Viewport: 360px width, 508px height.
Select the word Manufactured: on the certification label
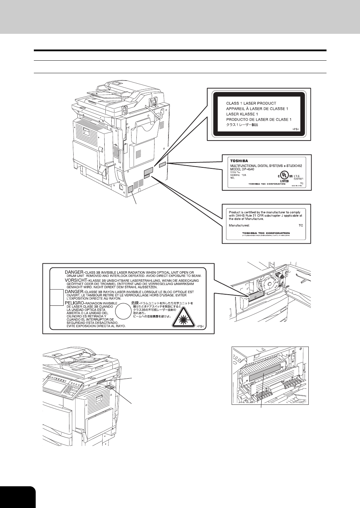point(240,226)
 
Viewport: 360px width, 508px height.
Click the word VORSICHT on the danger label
point(77,280)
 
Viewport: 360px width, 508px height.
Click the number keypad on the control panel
point(73,387)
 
